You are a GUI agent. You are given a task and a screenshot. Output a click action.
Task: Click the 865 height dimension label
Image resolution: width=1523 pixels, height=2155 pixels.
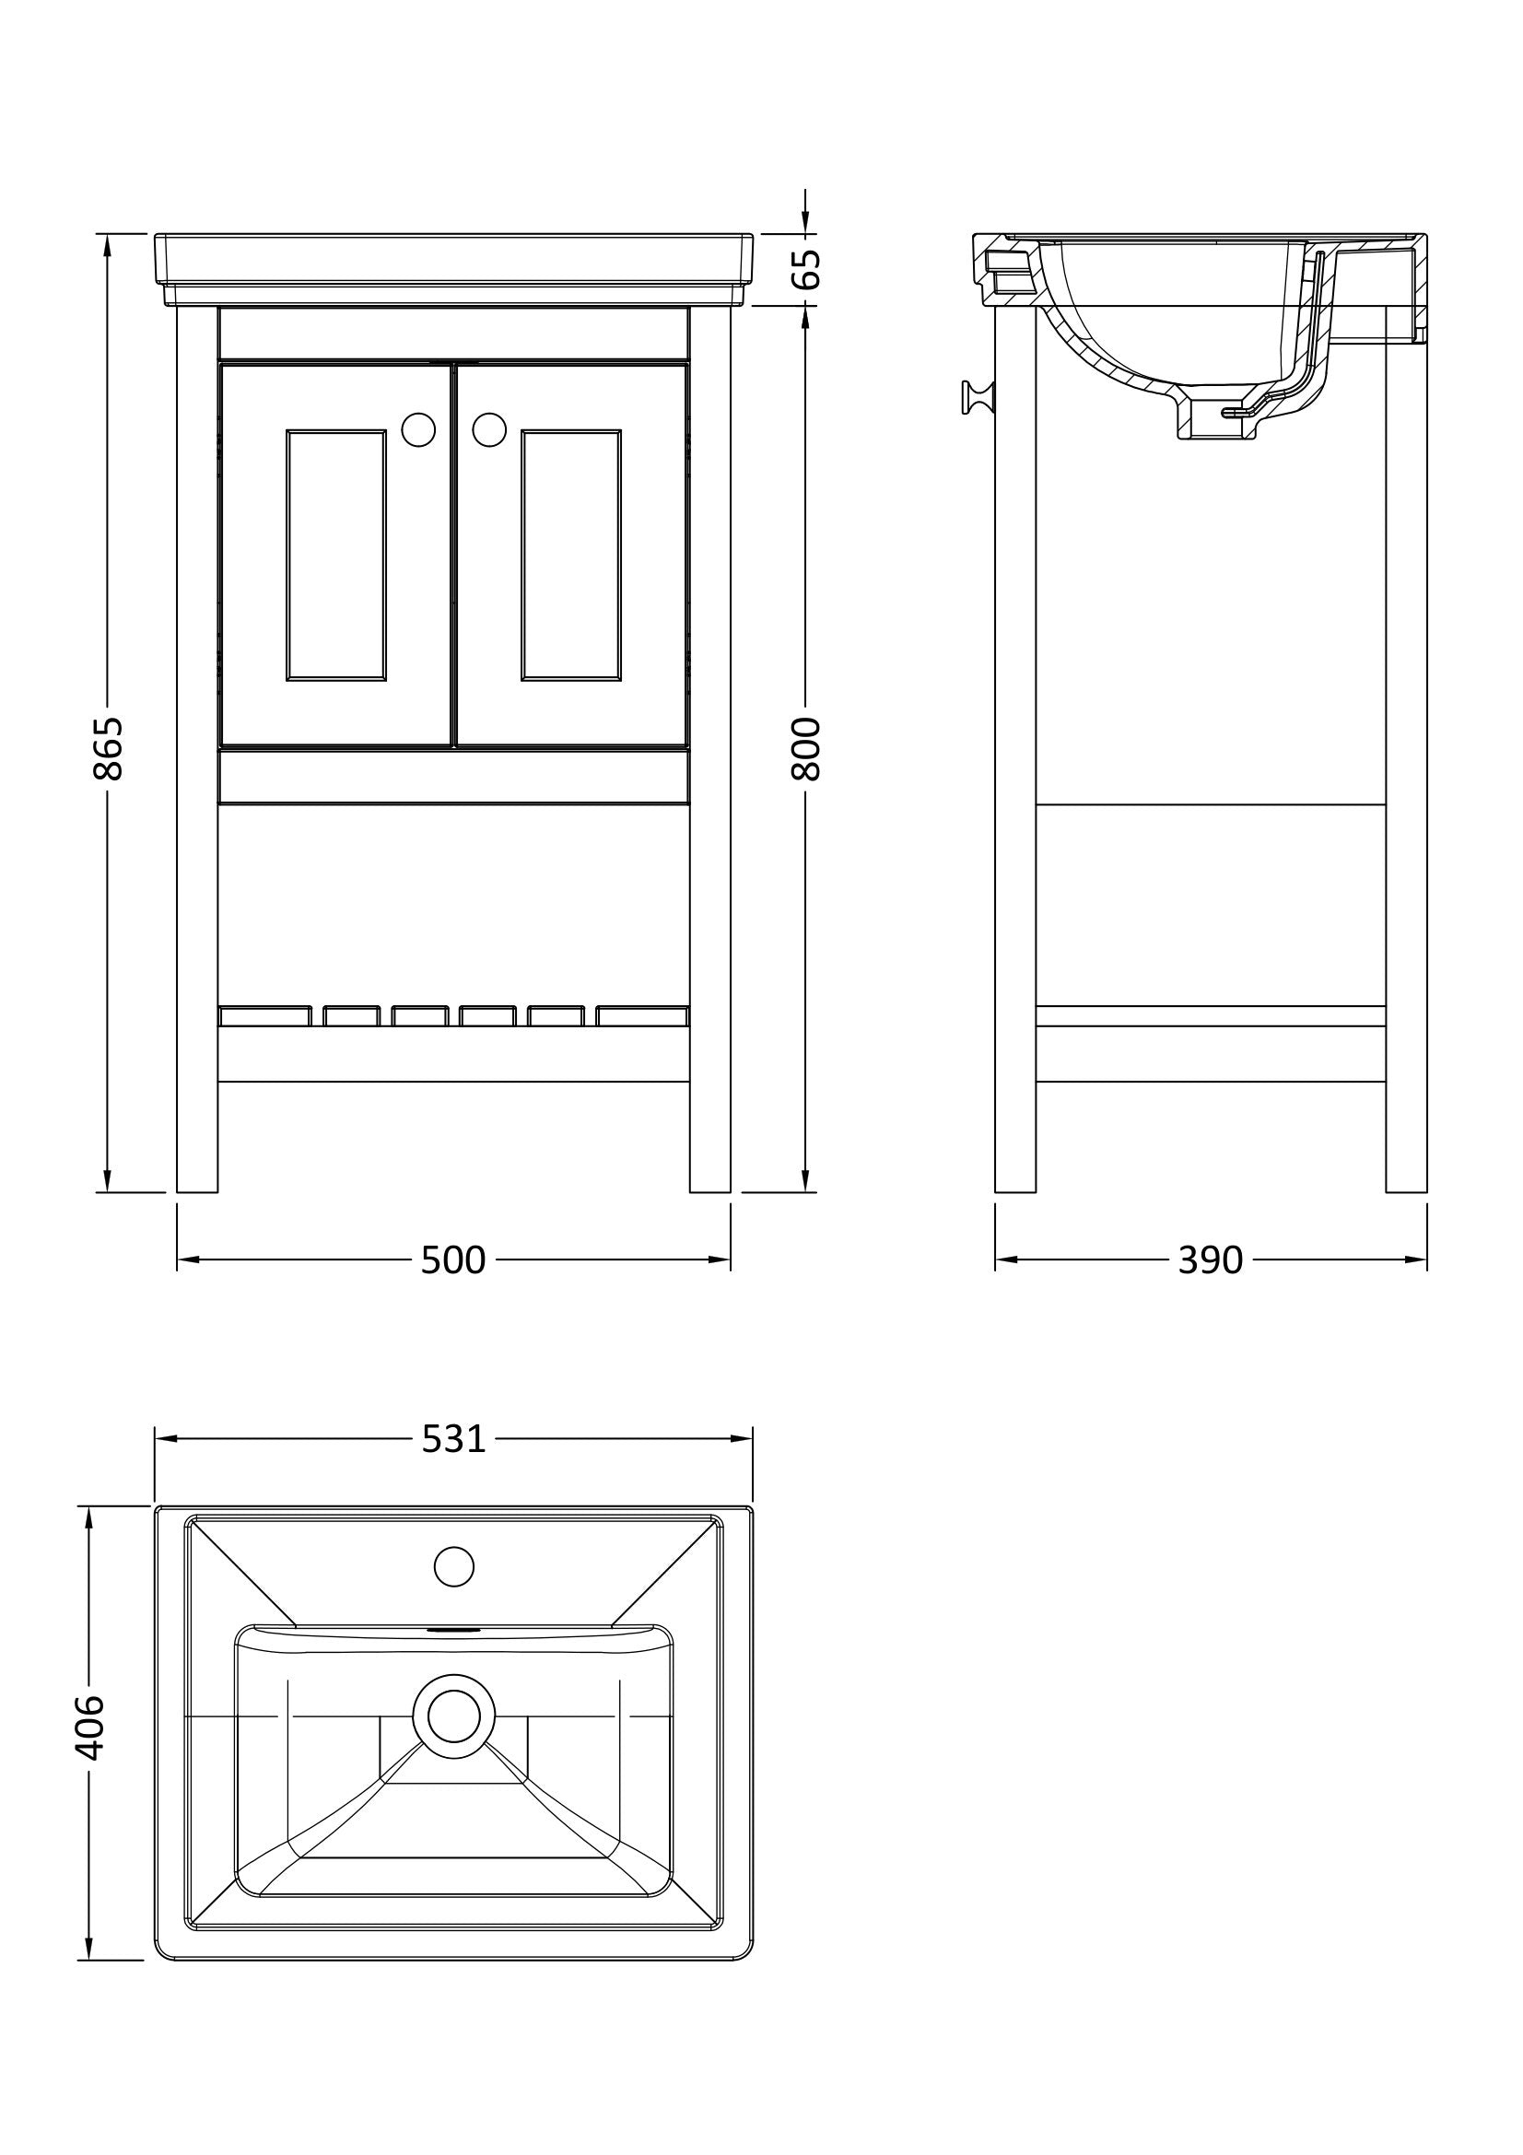click(x=109, y=748)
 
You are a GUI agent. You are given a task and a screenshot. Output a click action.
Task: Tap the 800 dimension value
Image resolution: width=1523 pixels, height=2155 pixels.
click(x=806, y=748)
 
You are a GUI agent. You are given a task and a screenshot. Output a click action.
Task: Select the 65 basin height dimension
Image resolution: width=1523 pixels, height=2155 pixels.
click(x=806, y=269)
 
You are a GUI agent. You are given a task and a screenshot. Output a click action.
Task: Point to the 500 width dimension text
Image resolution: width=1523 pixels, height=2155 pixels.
click(x=453, y=1260)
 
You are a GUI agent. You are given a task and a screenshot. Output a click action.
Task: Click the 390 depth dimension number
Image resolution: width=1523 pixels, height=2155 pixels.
click(x=1211, y=1260)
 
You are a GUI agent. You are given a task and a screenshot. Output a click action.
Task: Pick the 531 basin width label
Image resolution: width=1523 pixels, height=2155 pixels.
click(x=453, y=1439)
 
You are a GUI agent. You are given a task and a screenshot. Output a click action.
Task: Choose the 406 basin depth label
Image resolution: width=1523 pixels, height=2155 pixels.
click(x=90, y=1728)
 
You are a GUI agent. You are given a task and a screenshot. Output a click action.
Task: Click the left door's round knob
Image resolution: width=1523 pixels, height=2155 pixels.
click(x=418, y=430)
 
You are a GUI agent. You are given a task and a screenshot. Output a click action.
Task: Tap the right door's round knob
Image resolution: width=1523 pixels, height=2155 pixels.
click(x=489, y=430)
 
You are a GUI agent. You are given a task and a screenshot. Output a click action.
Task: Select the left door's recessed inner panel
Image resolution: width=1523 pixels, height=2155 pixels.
click(x=336, y=555)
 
